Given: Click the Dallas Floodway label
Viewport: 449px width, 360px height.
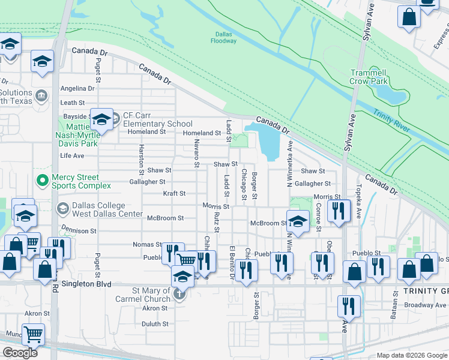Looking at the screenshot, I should (223, 37).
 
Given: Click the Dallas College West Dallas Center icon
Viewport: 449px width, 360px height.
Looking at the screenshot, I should (62, 208).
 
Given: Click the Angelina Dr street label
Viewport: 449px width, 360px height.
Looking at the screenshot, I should (77, 88).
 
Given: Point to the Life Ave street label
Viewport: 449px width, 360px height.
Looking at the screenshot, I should (72, 155).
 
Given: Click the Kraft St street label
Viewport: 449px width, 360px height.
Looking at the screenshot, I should (174, 194).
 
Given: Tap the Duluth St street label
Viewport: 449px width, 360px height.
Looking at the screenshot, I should (155, 324).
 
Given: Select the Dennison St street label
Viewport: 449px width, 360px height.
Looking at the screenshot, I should (77, 230).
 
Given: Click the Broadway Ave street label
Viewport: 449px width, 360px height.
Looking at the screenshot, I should (427, 305).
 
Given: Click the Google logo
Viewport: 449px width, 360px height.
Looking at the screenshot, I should (20, 353).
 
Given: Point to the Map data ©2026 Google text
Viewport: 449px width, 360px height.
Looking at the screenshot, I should (411, 355).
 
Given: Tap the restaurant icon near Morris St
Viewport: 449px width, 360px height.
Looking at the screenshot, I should (340, 210).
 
